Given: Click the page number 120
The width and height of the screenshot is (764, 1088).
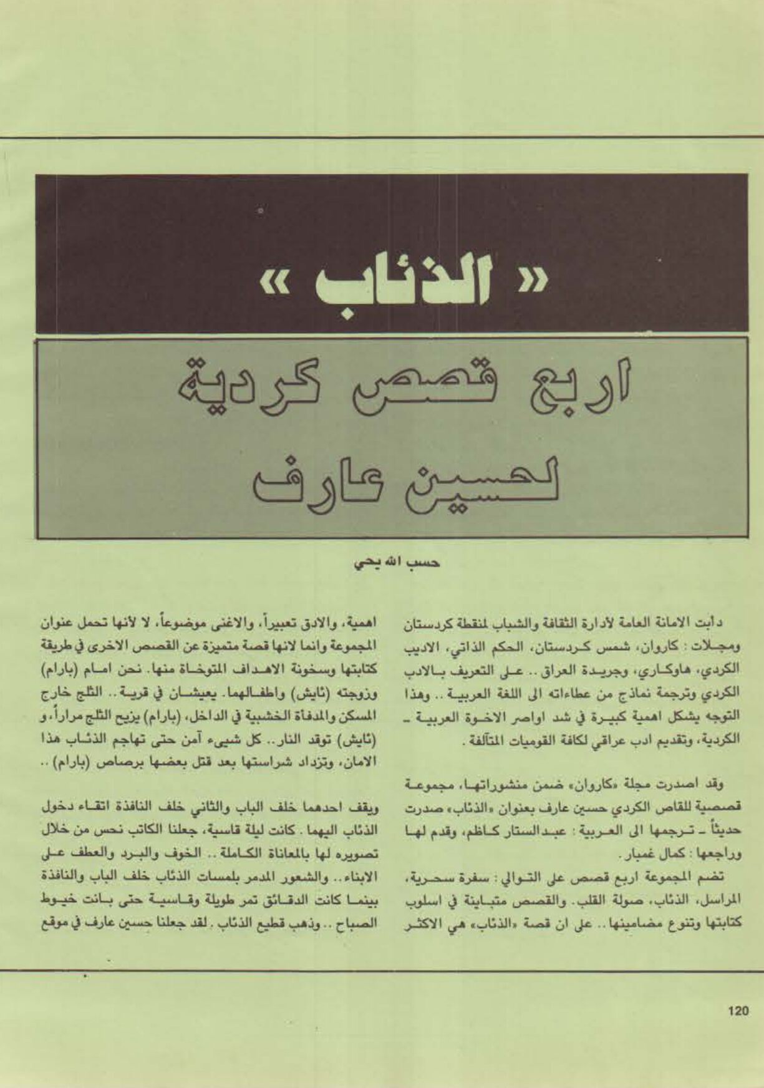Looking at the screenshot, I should [x=738, y=1011].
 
